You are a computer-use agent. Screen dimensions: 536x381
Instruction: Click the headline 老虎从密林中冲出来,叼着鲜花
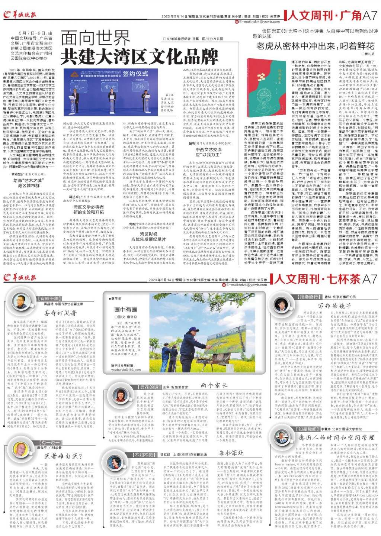coord(315,46)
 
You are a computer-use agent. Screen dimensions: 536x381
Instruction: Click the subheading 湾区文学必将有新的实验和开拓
coord(89,210)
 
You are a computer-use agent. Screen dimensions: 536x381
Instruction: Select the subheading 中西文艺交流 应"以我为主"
coord(208,151)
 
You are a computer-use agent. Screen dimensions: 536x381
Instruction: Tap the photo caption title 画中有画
coord(125,309)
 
